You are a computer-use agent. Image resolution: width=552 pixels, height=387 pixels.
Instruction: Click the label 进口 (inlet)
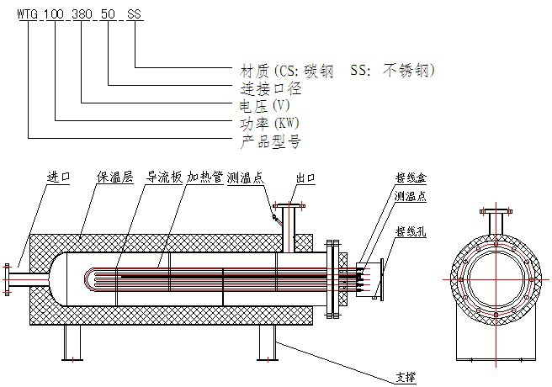coord(59,178)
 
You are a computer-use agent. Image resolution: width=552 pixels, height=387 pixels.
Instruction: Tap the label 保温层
coord(113,178)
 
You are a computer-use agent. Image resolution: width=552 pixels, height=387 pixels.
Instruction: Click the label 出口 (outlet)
coord(305,178)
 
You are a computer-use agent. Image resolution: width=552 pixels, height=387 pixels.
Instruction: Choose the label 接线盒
coord(407,178)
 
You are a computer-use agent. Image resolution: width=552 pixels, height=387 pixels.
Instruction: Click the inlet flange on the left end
coord(8,277)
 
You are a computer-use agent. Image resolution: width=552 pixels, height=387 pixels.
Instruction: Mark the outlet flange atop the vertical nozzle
coord(289,204)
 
